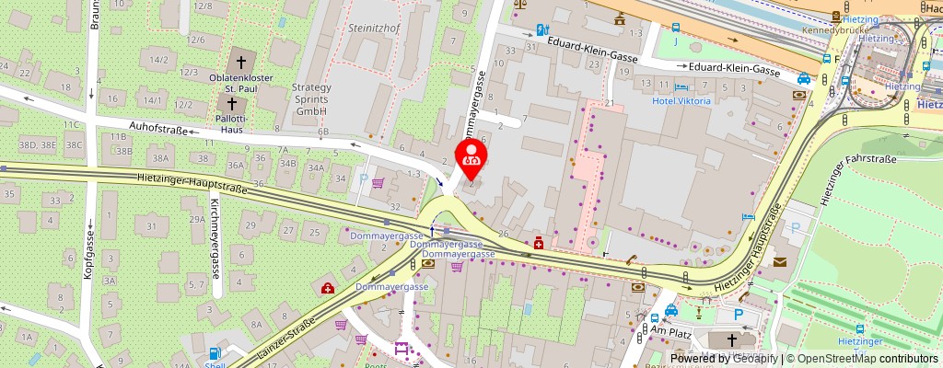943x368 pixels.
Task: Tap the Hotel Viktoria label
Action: coord(681,100)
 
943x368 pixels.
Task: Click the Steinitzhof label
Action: coord(372,29)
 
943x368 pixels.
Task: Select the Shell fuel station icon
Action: coord(215,353)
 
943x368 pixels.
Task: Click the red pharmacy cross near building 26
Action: coord(536,244)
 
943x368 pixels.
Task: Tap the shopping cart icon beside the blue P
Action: coord(378,183)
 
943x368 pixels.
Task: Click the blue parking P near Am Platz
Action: coord(738,315)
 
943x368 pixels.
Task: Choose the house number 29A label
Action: coord(197,219)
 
